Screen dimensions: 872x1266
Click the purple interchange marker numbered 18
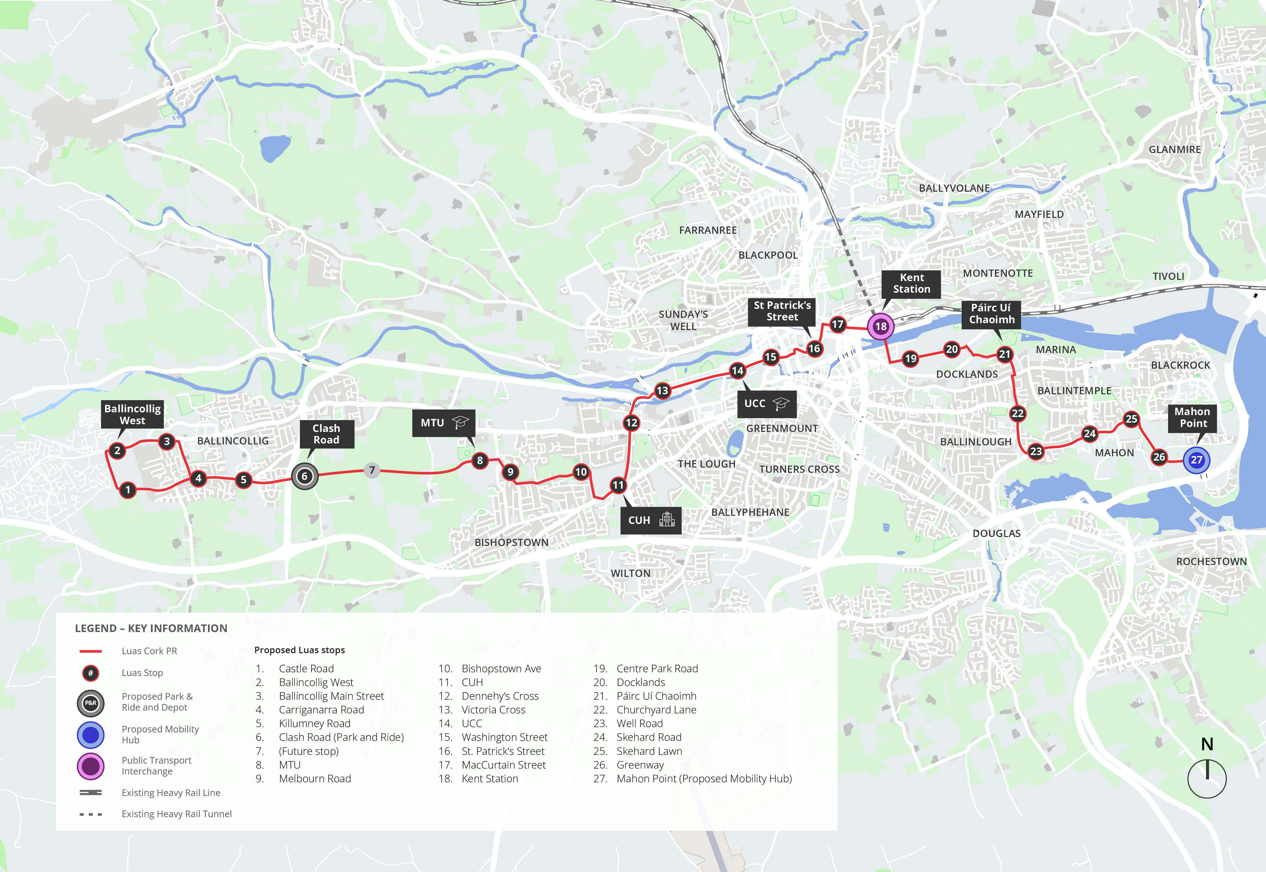(x=881, y=327)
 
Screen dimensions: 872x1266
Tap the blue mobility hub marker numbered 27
(x=1196, y=460)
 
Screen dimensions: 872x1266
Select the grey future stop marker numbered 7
(x=372, y=470)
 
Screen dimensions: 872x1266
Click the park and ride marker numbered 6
(x=304, y=477)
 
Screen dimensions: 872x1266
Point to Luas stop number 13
(x=662, y=390)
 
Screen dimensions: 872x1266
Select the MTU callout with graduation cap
(x=444, y=423)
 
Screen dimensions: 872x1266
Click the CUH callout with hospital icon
(x=650, y=520)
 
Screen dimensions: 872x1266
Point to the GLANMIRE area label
(x=1174, y=150)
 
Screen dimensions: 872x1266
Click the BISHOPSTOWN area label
(x=511, y=543)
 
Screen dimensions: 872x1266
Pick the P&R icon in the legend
(x=91, y=703)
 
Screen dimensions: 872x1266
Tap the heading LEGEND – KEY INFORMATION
(x=151, y=628)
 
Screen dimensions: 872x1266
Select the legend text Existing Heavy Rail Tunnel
(x=176, y=814)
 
